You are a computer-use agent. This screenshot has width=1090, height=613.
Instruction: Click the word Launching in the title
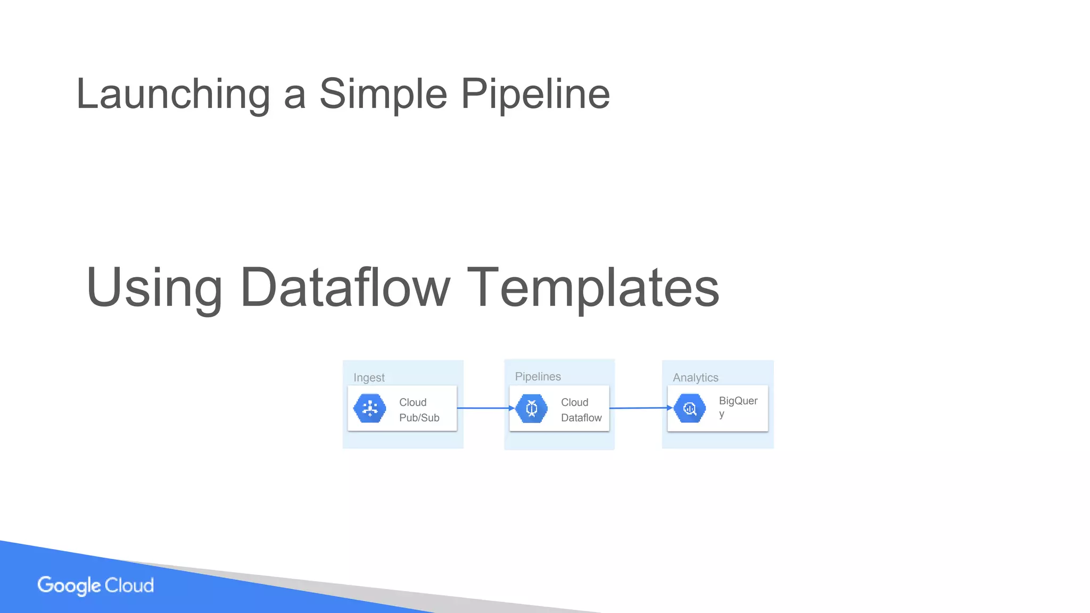point(173,94)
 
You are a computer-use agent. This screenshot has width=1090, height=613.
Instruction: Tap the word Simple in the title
point(383,94)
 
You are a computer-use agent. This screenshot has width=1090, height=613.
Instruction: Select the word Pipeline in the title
point(535,94)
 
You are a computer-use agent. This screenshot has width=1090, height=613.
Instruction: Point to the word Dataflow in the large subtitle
point(345,288)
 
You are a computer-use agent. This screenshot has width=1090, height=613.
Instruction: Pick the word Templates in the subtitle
point(593,288)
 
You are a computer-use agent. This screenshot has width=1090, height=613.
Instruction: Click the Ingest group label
point(369,378)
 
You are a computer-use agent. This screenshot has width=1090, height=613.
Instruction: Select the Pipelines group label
point(538,377)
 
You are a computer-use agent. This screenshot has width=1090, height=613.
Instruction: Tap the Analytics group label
point(695,378)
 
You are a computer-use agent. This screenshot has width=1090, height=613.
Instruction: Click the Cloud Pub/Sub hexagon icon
point(370,409)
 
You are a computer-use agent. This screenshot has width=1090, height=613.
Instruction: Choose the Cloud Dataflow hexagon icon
point(531,409)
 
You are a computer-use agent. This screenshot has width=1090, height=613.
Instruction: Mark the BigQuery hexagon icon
point(690,409)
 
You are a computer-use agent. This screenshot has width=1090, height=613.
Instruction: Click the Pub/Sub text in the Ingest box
point(419,418)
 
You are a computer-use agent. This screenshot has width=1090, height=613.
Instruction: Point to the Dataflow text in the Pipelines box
point(581,418)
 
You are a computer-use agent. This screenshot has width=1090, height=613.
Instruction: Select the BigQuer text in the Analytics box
point(738,401)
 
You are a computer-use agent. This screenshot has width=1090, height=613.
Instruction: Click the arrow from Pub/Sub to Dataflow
point(485,408)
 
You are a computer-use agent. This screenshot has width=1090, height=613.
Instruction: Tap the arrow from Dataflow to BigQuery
point(640,408)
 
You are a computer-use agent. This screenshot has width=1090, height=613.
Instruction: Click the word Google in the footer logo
point(69,585)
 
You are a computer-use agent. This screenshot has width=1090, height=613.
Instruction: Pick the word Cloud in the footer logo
point(129,585)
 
